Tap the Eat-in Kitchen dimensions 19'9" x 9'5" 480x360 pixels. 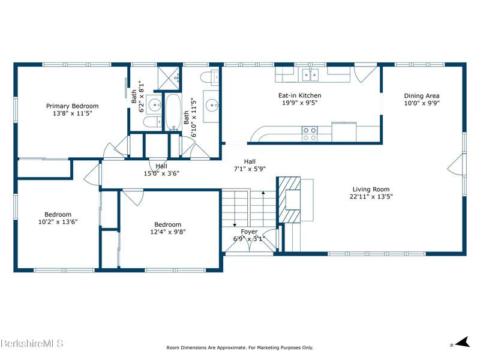[x=299, y=103]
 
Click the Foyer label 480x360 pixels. [x=249, y=232]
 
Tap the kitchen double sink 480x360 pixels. [x=310, y=74]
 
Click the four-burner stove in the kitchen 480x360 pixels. [x=310, y=134]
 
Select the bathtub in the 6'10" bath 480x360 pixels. [x=173, y=112]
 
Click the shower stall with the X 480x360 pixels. [x=169, y=77]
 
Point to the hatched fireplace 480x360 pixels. [x=289, y=200]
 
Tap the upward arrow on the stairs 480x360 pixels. [x=263, y=209]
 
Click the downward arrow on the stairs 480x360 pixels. [x=235, y=209]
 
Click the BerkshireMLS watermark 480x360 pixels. [x=32, y=343]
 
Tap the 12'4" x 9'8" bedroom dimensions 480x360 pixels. [x=168, y=232]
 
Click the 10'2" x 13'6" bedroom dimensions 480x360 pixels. [x=58, y=221]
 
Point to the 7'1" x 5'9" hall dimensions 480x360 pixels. [x=250, y=169]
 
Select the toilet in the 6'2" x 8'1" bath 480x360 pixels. [x=152, y=122]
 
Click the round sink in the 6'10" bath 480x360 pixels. [x=212, y=106]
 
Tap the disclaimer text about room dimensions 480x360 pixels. [x=239, y=347]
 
